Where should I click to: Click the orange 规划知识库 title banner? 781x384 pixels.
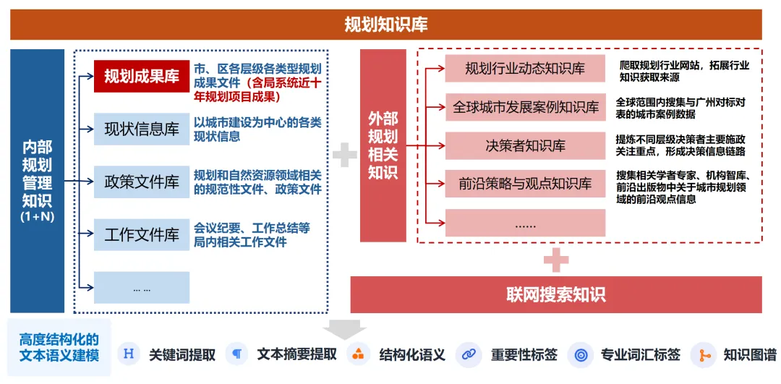(385, 25)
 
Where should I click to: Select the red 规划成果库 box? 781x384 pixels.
(142, 76)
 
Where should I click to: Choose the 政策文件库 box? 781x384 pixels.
(142, 182)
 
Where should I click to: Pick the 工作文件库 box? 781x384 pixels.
(142, 234)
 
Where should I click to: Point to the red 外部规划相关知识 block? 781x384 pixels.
(383, 145)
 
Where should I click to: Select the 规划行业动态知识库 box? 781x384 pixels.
(525, 69)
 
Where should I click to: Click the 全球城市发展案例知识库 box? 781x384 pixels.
(525, 108)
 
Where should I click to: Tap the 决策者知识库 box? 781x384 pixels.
(525, 146)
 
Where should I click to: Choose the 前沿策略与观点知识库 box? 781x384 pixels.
(525, 184)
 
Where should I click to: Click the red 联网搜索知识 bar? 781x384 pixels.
(555, 294)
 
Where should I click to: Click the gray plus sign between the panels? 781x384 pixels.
(344, 153)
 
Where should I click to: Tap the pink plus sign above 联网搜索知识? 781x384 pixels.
(555, 260)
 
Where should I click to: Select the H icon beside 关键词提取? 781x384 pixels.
(129, 354)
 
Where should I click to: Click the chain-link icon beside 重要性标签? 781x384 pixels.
(469, 354)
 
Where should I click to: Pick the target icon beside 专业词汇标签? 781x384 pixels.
(580, 354)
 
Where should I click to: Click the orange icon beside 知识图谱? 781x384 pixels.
(701, 354)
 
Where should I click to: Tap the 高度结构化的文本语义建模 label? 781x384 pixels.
(59, 348)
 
